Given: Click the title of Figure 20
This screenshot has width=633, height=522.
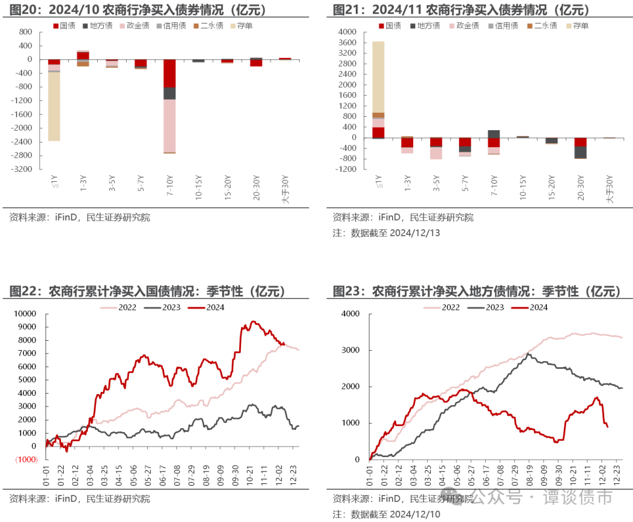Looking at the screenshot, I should (137, 10).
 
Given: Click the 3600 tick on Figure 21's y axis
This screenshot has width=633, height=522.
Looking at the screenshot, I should (348, 42).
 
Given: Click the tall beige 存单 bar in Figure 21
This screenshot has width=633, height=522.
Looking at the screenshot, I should (378, 76).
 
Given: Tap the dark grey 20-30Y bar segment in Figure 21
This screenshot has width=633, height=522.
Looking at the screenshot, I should (580, 151).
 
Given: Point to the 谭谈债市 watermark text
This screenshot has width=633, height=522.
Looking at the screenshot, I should (578, 497).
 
